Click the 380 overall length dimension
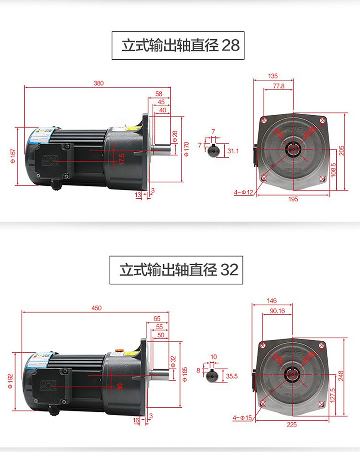(98, 83)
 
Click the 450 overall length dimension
(96, 308)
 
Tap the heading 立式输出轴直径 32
(179, 270)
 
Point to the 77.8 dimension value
(278, 86)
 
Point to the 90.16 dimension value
(277, 311)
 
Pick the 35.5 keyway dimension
(232, 376)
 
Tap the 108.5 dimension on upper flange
(334, 171)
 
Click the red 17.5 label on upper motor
(122, 159)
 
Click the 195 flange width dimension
(293, 199)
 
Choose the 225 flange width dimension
(292, 424)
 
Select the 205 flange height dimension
(342, 150)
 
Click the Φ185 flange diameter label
(185, 374)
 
